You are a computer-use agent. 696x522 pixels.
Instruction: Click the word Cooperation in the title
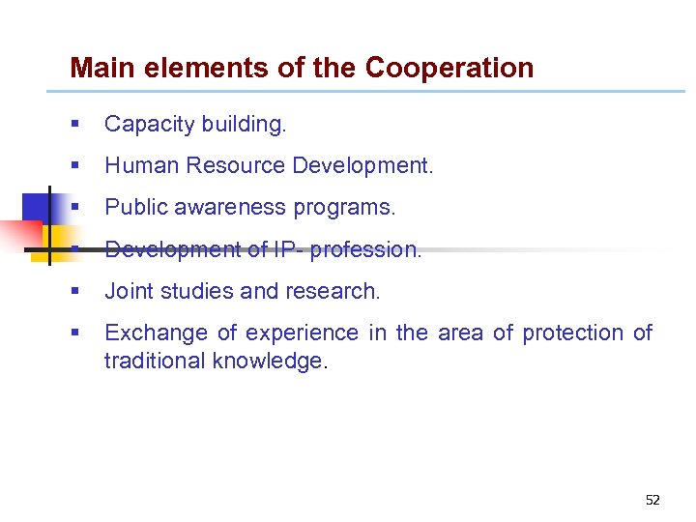[x=449, y=69]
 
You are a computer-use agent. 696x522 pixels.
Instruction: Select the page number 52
[x=652, y=500]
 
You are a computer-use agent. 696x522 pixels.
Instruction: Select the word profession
[x=365, y=249]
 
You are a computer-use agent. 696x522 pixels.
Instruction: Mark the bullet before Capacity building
[x=74, y=125]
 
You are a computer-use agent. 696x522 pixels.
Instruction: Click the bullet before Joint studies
[x=74, y=291]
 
